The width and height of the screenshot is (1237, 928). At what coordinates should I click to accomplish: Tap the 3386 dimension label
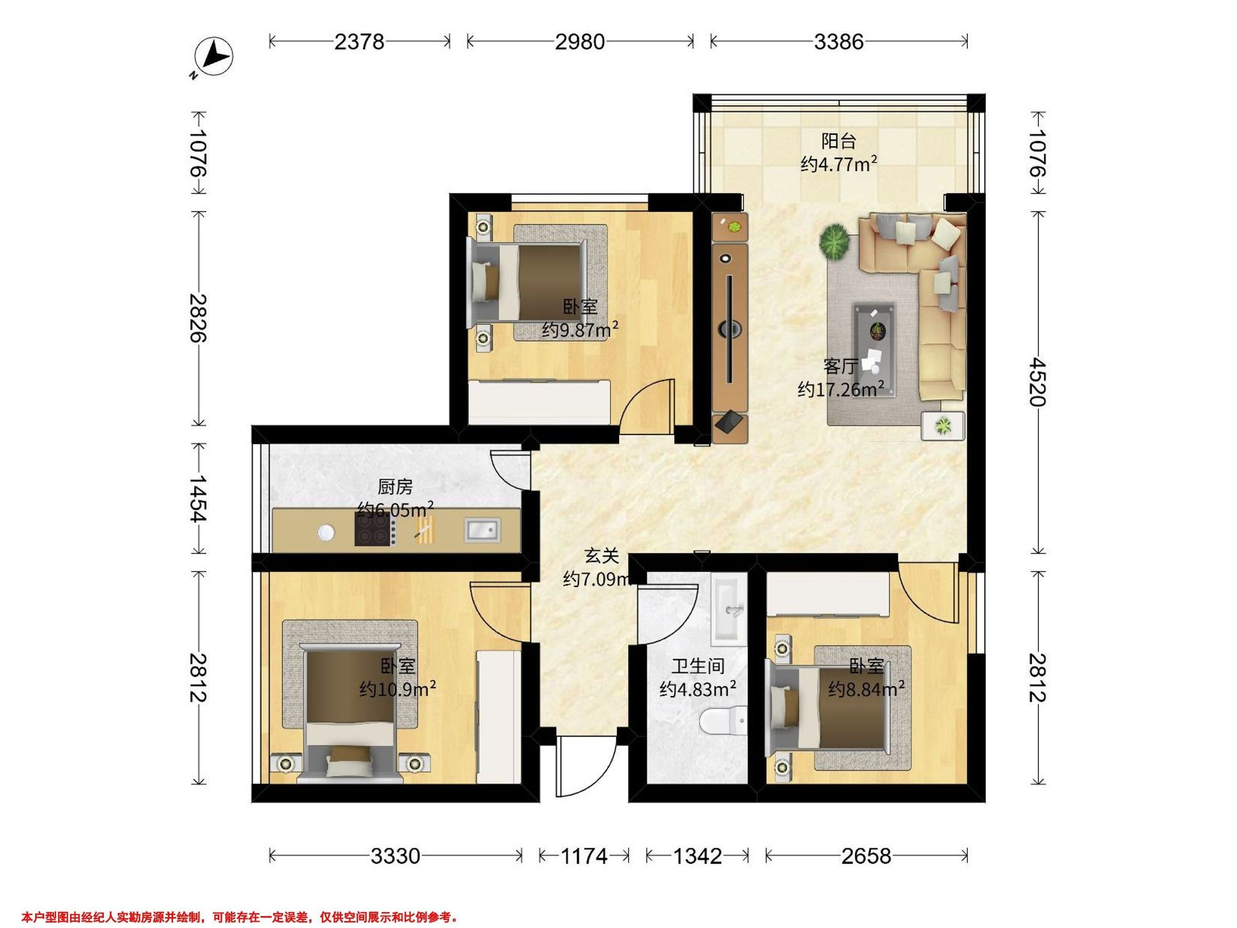click(x=839, y=42)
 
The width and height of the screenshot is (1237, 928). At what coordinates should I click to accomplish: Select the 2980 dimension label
click(x=580, y=42)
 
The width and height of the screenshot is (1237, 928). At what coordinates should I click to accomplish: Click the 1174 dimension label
click(x=584, y=856)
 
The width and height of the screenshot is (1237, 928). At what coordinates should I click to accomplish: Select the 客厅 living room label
click(x=841, y=367)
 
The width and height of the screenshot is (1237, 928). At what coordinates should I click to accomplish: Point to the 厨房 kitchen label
click(x=395, y=487)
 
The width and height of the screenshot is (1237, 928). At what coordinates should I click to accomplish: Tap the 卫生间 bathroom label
click(x=698, y=666)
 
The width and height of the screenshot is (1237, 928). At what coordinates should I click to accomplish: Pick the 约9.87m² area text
click(x=580, y=330)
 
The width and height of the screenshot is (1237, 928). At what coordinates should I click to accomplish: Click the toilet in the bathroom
click(x=724, y=722)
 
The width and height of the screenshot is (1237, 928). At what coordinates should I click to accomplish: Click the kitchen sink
click(x=482, y=529)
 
